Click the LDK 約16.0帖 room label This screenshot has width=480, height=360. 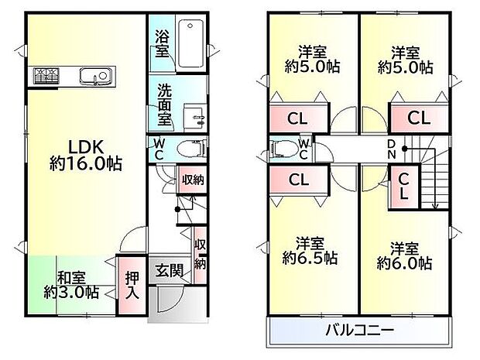click(86, 154)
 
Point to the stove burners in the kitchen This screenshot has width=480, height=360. click(46, 76)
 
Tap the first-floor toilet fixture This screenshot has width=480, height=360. click(186, 149)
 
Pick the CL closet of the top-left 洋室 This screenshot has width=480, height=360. click(296, 118)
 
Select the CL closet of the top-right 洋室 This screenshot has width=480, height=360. click(418, 118)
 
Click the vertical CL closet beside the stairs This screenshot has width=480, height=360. click(404, 187)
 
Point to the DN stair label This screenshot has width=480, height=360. click(392, 148)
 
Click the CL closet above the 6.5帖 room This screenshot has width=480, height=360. click(296, 179)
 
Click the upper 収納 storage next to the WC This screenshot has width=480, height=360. click(192, 180)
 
